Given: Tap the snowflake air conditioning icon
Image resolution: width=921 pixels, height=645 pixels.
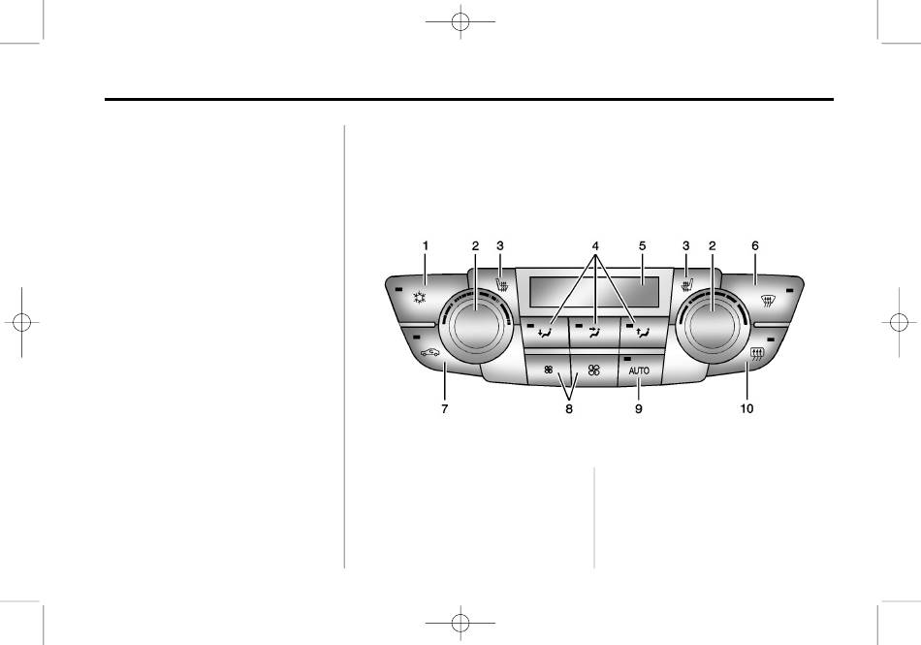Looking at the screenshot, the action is point(418,297).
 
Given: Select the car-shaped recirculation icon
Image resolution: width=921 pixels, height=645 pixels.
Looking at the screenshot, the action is point(429,352).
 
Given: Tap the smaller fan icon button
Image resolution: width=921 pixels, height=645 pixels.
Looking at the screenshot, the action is point(548,370).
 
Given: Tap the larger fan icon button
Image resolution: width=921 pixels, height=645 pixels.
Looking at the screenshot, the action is point(594,370).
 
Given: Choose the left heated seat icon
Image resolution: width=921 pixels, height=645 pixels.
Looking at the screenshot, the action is point(502,286).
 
